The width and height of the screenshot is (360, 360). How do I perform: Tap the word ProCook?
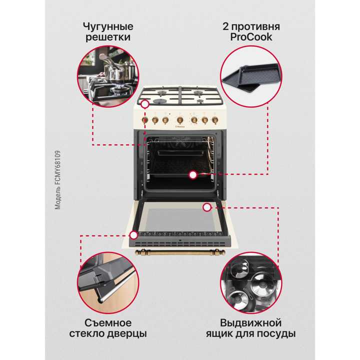point(251,37)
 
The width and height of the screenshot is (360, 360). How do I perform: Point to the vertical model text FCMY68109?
point(57,179)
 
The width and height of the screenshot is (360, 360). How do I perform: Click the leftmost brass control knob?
point(144,120)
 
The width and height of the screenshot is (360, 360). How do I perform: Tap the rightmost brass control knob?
point(215,120)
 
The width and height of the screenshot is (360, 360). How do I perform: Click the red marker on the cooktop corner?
point(145,104)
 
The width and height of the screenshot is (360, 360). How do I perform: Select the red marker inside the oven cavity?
point(192,174)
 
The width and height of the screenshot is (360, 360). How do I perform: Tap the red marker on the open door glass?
point(206,206)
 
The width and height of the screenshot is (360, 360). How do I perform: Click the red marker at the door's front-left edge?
point(133,234)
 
